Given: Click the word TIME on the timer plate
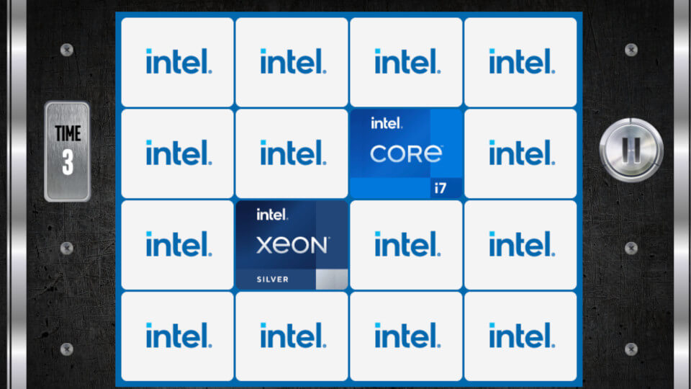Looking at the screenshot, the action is [x=68, y=133].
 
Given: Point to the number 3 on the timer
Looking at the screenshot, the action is [x=68, y=162].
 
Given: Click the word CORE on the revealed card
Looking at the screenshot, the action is [x=406, y=154].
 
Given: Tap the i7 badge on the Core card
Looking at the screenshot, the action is [x=441, y=188].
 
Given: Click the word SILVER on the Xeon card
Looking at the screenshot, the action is [x=273, y=280].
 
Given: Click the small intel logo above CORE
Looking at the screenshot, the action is [x=386, y=123].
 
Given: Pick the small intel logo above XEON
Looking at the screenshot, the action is [x=272, y=215].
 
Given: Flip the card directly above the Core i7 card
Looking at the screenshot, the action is [x=406, y=62].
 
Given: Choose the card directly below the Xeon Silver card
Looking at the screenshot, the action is [x=292, y=336].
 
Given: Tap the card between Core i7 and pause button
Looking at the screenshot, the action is [x=520, y=153].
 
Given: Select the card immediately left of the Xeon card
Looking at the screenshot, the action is [x=177, y=245].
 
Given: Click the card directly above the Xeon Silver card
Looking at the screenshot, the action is [x=292, y=153].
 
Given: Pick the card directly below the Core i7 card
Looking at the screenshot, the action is [x=406, y=245].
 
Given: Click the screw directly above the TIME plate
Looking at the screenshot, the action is [x=66, y=50].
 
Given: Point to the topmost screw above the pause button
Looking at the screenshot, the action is [x=631, y=50].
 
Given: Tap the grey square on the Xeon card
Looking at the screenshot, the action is [x=331, y=280].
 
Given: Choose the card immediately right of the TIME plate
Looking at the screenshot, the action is [x=177, y=153].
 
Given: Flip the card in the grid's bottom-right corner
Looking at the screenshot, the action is [x=520, y=336].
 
